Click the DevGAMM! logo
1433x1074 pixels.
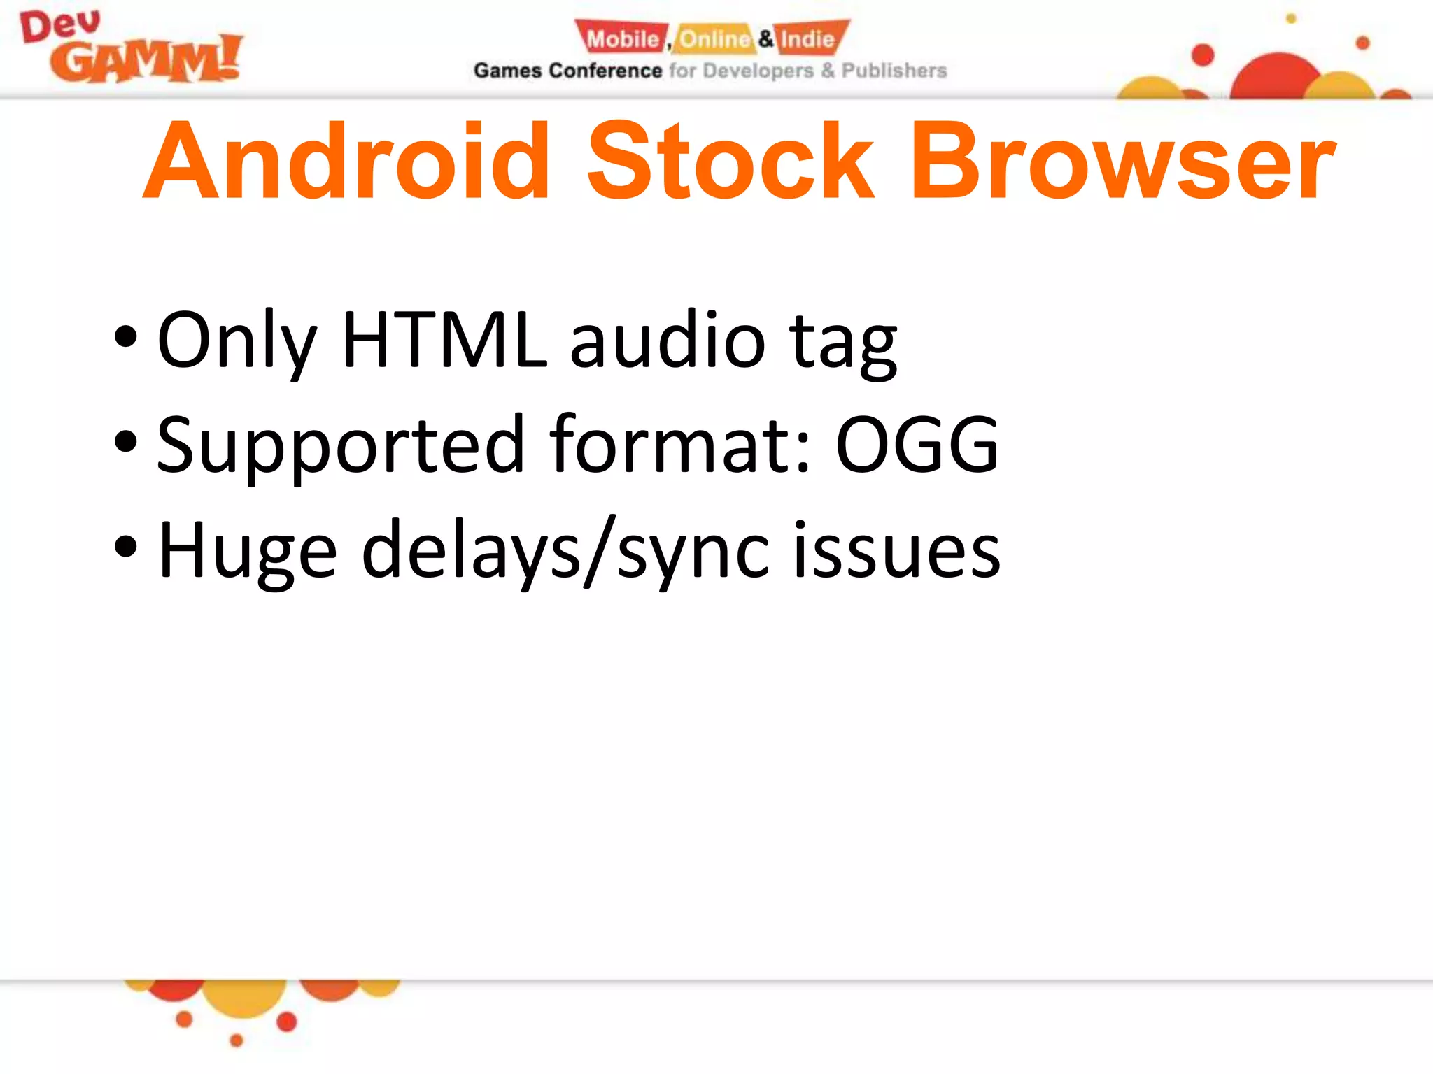[x=131, y=48]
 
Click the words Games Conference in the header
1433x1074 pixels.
[x=567, y=71]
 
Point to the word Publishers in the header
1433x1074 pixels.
[x=894, y=71]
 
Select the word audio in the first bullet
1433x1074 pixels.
[x=668, y=341]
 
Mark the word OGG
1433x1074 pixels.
[x=917, y=445]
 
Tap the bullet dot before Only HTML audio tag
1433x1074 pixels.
[x=126, y=337]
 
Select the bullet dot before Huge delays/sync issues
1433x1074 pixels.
[x=126, y=547]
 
